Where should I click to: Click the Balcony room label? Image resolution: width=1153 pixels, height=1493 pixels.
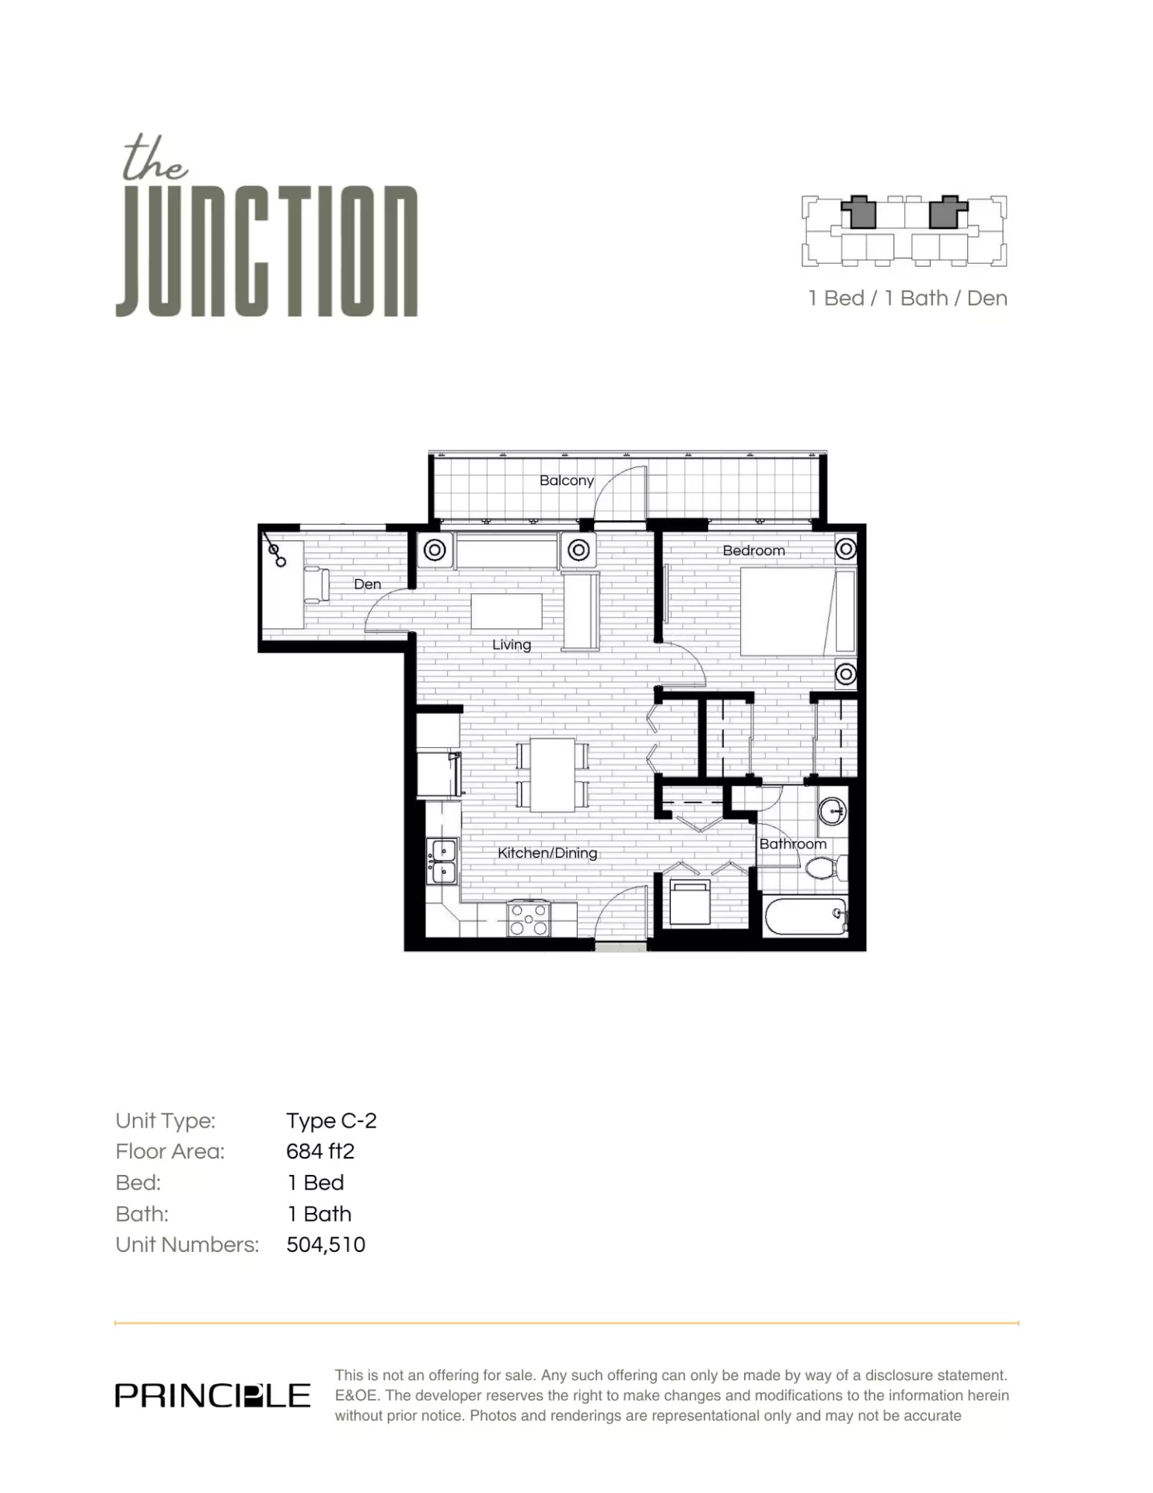pyautogui.click(x=566, y=481)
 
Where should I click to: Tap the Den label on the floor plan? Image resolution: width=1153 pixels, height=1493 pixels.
pyautogui.click(x=367, y=584)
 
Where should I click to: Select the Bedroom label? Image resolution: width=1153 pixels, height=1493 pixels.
pyautogui.click(x=753, y=551)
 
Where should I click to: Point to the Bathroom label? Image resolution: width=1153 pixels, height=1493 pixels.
pyautogui.click(x=792, y=844)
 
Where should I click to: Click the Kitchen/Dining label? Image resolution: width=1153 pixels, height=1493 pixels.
pyautogui.click(x=547, y=853)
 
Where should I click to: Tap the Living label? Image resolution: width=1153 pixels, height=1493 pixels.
pyautogui.click(x=511, y=645)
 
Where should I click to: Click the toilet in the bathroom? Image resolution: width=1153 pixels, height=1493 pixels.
pyautogui.click(x=823, y=867)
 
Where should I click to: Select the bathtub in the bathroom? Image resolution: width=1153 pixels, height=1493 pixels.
pyautogui.click(x=805, y=917)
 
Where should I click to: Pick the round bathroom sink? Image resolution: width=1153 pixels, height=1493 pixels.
pyautogui.click(x=832, y=811)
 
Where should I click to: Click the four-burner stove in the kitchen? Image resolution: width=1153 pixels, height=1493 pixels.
pyautogui.click(x=529, y=919)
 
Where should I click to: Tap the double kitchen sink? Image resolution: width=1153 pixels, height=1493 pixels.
pyautogui.click(x=442, y=862)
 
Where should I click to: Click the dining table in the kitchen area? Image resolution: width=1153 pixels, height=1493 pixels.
pyautogui.click(x=552, y=774)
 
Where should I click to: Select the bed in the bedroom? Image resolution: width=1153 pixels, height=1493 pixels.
pyautogui.click(x=796, y=611)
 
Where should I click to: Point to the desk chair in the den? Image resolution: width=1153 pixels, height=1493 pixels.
pyautogui.click(x=317, y=585)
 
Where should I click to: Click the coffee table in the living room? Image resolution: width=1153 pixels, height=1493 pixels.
pyautogui.click(x=506, y=610)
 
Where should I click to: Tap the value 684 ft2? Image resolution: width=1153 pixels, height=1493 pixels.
pyautogui.click(x=320, y=1151)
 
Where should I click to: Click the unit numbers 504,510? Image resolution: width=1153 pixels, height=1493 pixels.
pyautogui.click(x=326, y=1244)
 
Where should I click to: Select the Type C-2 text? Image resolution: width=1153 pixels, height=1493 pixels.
pyautogui.click(x=331, y=1121)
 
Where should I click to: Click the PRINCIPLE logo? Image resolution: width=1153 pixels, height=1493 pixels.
pyautogui.click(x=212, y=1396)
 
